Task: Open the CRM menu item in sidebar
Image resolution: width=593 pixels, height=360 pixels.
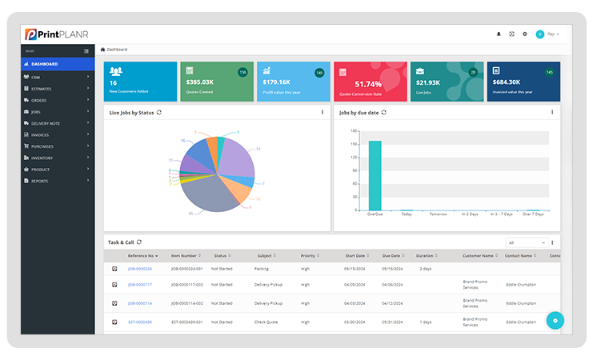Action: coord(37,77)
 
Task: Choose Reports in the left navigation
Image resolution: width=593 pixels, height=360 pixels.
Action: coord(39,181)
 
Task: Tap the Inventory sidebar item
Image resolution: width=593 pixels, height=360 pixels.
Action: coord(43,158)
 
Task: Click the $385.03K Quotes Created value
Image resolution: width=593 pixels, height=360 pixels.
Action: coord(200,82)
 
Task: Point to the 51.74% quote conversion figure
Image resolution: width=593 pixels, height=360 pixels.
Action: coord(368,83)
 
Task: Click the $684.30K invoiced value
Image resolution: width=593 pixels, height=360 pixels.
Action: coord(507,82)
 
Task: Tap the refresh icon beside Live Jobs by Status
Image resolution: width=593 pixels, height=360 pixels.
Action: coord(159,113)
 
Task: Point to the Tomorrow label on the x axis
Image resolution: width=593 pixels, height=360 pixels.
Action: coord(438,214)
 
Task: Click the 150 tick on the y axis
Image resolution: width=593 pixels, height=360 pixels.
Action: coord(353,143)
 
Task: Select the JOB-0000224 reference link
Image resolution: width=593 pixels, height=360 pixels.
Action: coord(140,269)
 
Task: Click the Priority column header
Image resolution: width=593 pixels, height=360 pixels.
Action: coord(308,256)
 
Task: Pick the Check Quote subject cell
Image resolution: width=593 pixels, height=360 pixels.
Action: coord(266,322)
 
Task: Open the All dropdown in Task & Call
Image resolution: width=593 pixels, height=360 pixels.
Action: coord(526,242)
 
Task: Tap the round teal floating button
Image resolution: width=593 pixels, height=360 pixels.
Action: coord(557,320)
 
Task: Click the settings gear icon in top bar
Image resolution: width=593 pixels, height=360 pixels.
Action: coord(525,34)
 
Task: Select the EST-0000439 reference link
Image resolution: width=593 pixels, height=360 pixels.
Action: coord(140,322)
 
